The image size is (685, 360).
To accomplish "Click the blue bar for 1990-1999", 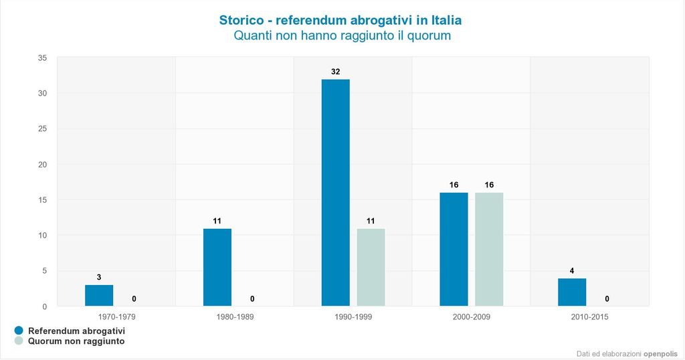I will point(335,193).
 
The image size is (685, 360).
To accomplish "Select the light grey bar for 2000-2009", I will point(489,250).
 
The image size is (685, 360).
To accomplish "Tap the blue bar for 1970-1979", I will point(99,296).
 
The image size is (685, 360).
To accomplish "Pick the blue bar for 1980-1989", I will point(217,268).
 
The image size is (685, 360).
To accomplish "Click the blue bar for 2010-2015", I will point(572,292).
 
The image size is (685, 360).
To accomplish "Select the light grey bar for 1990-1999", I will point(371,268).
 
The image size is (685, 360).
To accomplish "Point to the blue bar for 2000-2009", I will point(454,250).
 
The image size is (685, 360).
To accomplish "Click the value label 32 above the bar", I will point(335,72).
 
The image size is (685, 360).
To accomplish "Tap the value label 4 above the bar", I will point(572,270).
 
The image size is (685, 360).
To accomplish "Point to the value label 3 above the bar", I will point(99,277).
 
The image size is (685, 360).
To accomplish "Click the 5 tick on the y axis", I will point(44,271).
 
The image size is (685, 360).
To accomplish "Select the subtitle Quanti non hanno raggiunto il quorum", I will point(342,36).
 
